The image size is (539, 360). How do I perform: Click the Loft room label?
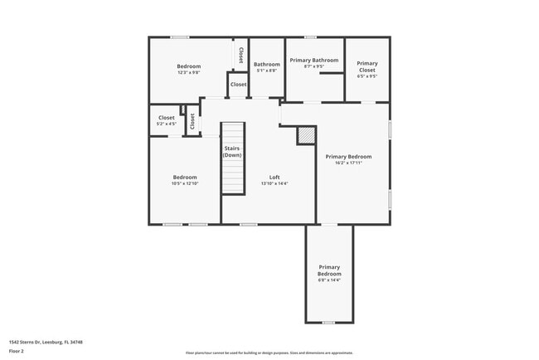tap(274, 177)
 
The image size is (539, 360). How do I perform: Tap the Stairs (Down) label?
tap(232, 152)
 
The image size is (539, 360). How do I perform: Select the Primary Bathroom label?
tap(313, 60)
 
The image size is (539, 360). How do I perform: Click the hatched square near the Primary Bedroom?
tap(307, 134)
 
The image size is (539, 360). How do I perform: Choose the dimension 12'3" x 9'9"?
tap(189, 72)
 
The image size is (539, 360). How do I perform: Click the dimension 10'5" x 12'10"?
tap(185, 183)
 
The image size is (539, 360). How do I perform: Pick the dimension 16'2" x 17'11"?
tap(348, 163)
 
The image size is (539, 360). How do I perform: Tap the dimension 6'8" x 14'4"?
tap(329, 280)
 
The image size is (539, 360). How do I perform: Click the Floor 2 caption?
tap(17, 351)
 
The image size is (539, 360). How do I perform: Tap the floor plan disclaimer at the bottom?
tap(269, 353)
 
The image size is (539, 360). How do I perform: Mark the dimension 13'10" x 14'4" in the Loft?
tap(274, 183)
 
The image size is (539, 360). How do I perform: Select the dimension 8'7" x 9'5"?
tap(313, 66)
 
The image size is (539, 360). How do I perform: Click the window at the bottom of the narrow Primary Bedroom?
tap(328, 323)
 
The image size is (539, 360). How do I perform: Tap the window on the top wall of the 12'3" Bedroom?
tap(180, 37)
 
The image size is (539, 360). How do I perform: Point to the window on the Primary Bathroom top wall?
tap(310, 37)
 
